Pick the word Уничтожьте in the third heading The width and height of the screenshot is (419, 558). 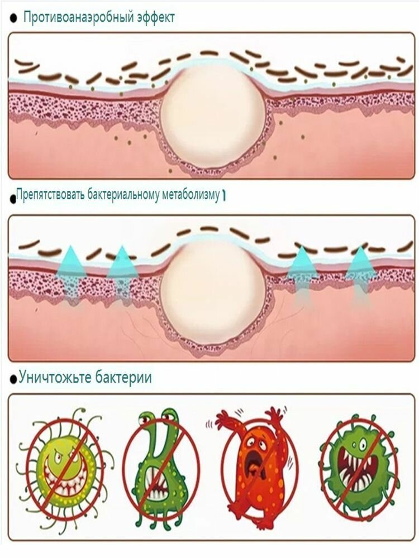coord(55,377)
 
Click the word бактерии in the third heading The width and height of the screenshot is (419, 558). coord(123,377)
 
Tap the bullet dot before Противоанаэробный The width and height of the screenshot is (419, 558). coord(13,18)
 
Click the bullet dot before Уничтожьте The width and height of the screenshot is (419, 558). coord(13,379)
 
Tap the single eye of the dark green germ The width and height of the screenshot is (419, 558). coord(362,445)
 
